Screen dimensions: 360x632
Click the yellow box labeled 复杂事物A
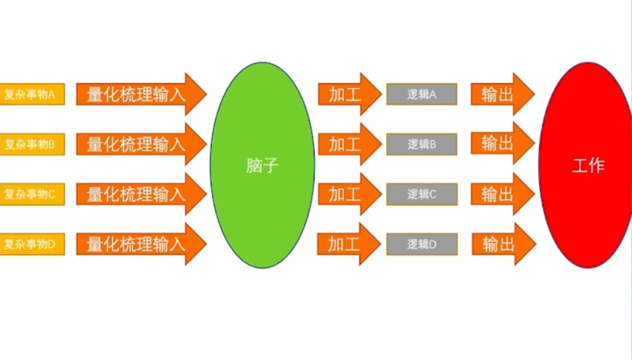[x=32, y=94]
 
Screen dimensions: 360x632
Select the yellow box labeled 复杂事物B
[x=32, y=144]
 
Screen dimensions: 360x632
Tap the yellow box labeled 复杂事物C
[x=32, y=194]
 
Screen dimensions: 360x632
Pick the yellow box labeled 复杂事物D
[x=32, y=244]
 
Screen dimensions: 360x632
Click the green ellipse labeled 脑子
[x=262, y=165]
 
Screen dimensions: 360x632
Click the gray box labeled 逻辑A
[x=421, y=94]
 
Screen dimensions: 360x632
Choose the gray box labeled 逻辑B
[x=421, y=144]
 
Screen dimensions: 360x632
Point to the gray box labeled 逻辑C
[x=421, y=194]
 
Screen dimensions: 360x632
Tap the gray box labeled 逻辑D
[x=421, y=244]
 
